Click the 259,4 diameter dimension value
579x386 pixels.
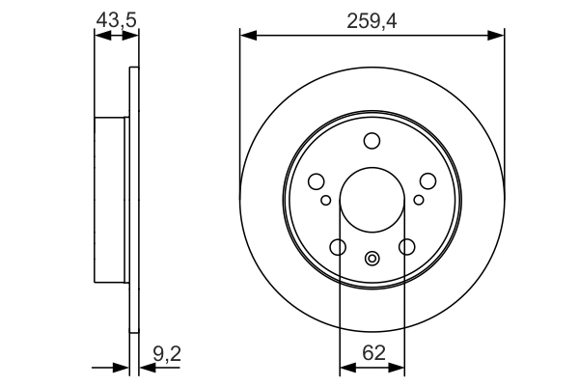(x=372, y=16)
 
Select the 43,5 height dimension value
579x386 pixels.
(x=115, y=16)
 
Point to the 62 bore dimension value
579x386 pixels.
(x=372, y=354)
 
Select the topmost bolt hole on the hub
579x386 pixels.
(x=372, y=142)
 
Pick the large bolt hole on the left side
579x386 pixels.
(x=316, y=181)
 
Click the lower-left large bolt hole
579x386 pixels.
(x=338, y=248)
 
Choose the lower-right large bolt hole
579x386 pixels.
(x=406, y=248)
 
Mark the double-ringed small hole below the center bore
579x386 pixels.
(x=372, y=258)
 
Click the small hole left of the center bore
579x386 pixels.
(x=326, y=200)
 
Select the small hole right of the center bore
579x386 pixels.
(x=418, y=200)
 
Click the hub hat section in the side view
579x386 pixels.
(x=111, y=199)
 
